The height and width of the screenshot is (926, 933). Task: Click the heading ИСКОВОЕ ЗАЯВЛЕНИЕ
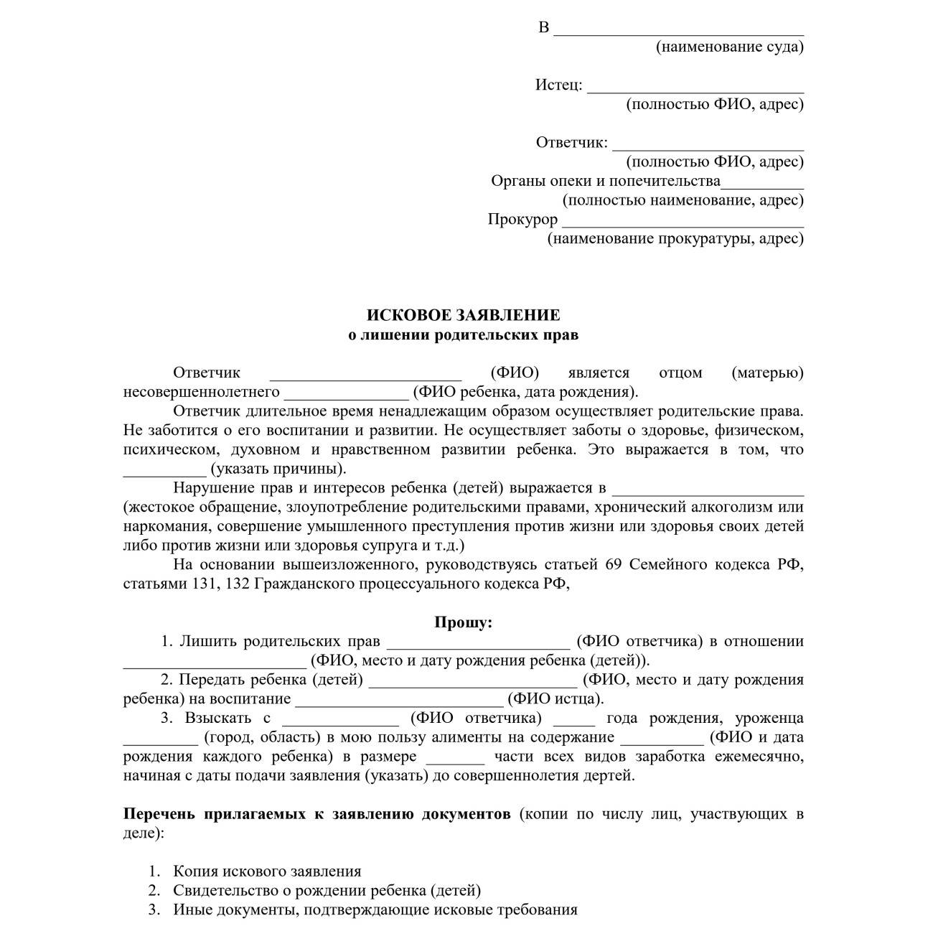(x=463, y=315)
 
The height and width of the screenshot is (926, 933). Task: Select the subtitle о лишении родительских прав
(x=463, y=335)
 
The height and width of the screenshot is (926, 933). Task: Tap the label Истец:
(x=558, y=85)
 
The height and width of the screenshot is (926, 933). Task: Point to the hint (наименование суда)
(x=729, y=47)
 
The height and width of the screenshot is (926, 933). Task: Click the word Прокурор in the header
(x=522, y=219)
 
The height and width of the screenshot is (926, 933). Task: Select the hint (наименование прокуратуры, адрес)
(x=675, y=238)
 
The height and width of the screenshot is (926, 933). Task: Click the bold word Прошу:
(x=463, y=622)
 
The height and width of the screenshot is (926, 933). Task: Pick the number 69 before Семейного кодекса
(x=614, y=564)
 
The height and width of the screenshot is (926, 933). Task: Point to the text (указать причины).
(x=278, y=469)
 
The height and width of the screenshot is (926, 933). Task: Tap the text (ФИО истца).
(x=555, y=698)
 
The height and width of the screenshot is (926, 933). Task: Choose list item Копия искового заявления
(x=267, y=871)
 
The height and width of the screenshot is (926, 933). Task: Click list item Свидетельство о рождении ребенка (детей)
(x=327, y=891)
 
